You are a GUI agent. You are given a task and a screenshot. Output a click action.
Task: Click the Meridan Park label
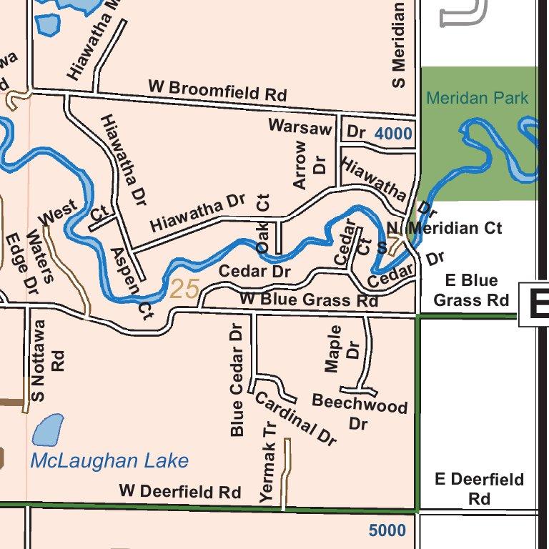pos(477,98)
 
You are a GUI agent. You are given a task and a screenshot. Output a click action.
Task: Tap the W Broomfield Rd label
pos(217,90)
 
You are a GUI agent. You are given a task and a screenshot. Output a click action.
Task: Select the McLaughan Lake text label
pos(109,460)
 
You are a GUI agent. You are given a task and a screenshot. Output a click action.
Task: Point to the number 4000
pos(392,134)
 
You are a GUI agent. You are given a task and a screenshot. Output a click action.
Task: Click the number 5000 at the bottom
pos(387,530)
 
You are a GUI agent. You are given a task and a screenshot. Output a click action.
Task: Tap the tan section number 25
pos(184,289)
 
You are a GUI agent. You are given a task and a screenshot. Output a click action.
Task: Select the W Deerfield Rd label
pos(180,492)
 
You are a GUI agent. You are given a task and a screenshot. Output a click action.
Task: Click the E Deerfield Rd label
pos(479,488)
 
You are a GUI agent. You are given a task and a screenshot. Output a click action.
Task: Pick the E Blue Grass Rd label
pos(471,290)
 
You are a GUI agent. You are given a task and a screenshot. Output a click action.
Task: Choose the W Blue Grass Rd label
pos(309,300)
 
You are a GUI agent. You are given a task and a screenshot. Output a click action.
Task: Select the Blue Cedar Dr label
pos(237,379)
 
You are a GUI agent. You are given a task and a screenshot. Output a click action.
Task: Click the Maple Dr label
pos(342,349)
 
